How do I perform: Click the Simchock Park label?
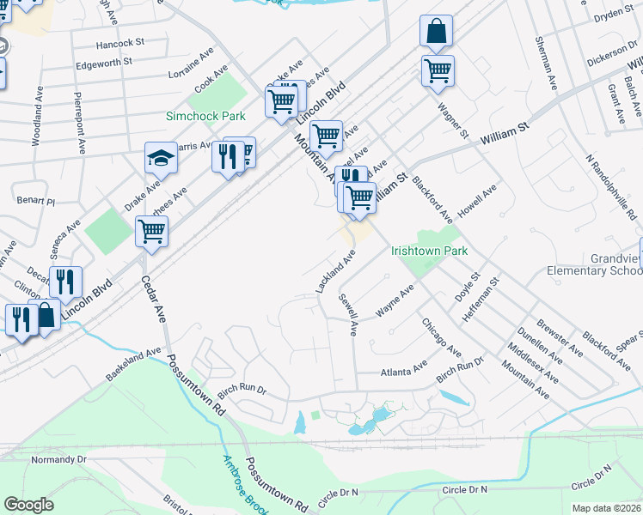click(205, 116)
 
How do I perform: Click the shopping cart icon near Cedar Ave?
click(151, 230)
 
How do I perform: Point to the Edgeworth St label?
click(103, 62)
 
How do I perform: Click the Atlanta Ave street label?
click(404, 371)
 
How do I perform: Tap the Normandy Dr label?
click(59, 460)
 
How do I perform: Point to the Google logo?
click(29, 505)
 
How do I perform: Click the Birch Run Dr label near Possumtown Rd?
click(242, 390)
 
